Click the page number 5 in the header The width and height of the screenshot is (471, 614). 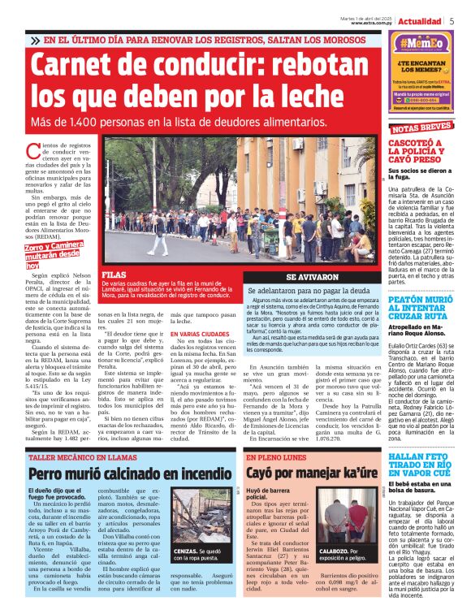point(452,21)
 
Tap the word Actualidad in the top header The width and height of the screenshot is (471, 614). point(420,21)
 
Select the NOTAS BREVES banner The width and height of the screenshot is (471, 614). point(421,128)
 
